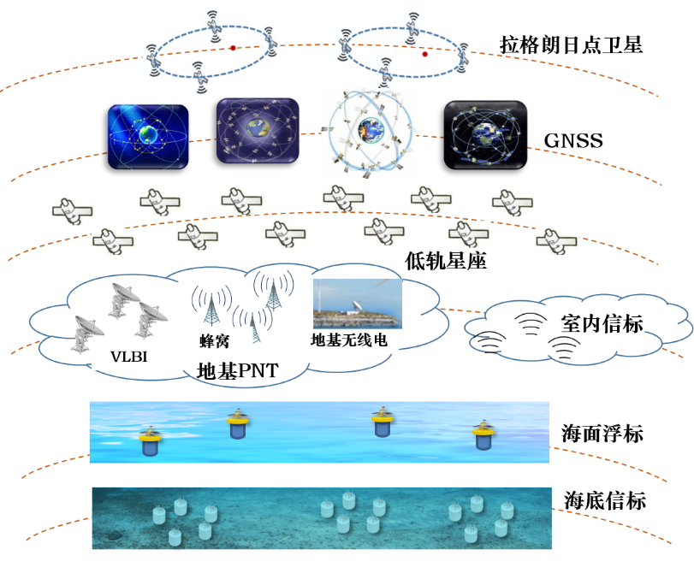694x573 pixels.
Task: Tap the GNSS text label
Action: (x=573, y=139)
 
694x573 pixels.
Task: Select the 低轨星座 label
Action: (x=445, y=261)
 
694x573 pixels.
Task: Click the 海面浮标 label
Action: (x=603, y=434)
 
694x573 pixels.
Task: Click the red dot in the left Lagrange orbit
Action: (x=232, y=48)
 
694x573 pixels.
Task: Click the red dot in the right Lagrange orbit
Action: (x=424, y=54)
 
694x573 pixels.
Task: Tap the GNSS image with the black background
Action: (x=484, y=133)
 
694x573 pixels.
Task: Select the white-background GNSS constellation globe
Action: (x=371, y=131)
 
